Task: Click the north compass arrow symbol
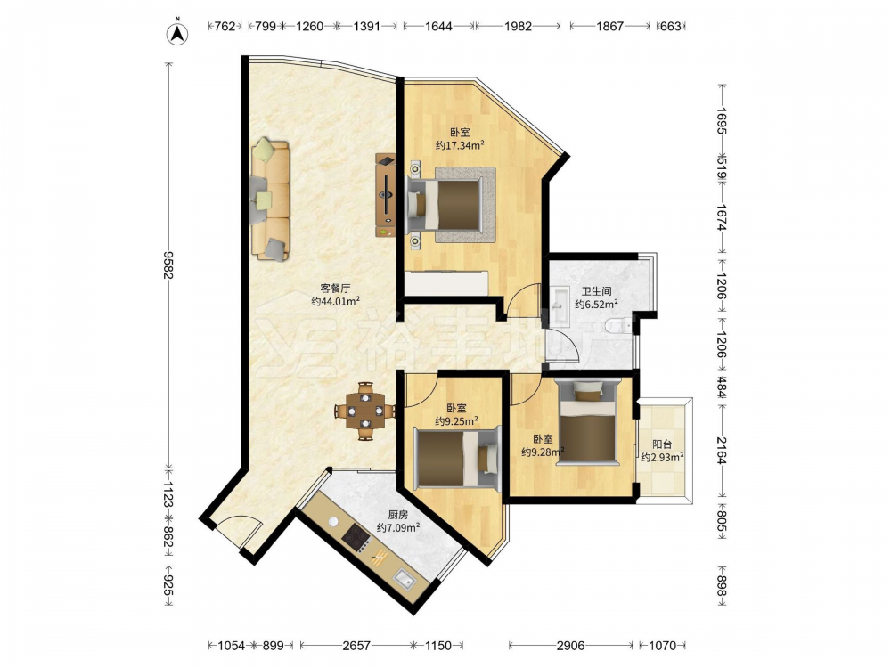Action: [x=177, y=32]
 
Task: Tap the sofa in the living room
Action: [x=271, y=199]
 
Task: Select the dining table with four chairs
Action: [x=365, y=411]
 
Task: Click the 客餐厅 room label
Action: [x=335, y=289]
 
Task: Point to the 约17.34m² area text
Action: [x=461, y=145]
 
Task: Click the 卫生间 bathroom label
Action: [x=597, y=291]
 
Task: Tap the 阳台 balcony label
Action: [x=663, y=444]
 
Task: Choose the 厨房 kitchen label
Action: [x=398, y=515]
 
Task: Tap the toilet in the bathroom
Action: [x=618, y=326]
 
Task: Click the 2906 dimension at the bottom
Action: [x=570, y=645]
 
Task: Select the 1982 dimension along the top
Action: [x=518, y=26]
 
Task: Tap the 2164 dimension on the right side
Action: [x=721, y=451]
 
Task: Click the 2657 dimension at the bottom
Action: [x=356, y=645]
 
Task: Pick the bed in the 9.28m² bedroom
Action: [x=587, y=422]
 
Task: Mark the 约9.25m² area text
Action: [x=456, y=421]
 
